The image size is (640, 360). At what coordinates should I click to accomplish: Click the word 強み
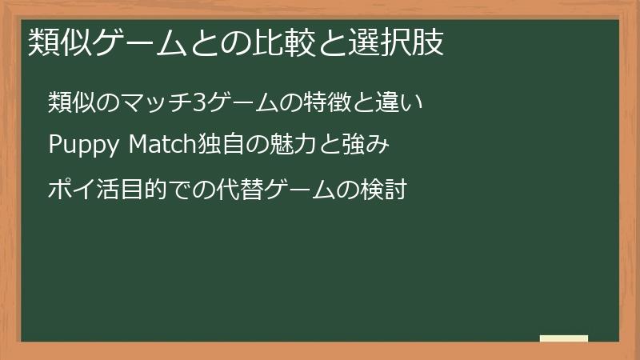coord(372,146)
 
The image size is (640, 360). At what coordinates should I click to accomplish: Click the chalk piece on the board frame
coord(563,338)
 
